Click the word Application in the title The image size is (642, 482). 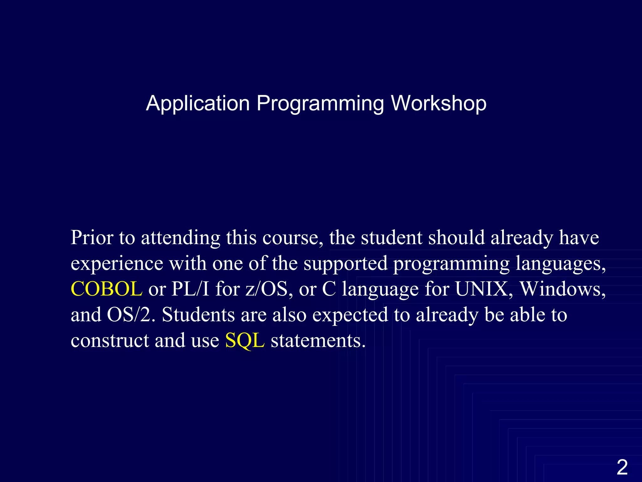coord(198,103)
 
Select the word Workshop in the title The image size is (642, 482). coord(439,103)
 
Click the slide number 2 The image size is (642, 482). coord(622,467)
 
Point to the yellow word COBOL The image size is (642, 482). coord(107,289)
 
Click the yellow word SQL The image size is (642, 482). coord(245,340)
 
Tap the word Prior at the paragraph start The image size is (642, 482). coord(92,238)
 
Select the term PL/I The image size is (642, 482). coord(190,289)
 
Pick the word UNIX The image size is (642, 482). coord(481,289)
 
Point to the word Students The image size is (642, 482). coord(198,314)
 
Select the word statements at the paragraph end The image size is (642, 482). coord(318,340)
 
